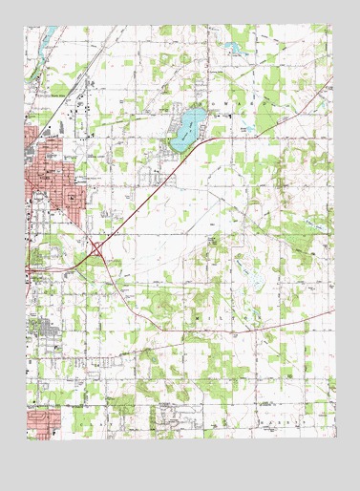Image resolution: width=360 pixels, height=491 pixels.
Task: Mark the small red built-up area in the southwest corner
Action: click(43, 420)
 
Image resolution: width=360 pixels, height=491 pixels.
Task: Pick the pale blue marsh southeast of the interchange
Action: click(253, 280)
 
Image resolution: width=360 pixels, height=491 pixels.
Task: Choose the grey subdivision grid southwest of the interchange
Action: click(43, 327)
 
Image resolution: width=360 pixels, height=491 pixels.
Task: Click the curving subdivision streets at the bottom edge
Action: click(172, 416)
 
